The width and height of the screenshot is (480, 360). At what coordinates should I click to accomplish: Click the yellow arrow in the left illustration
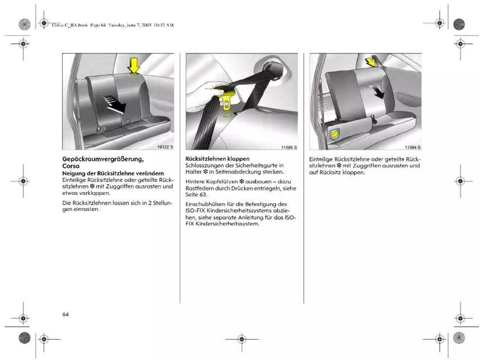click(x=134, y=65)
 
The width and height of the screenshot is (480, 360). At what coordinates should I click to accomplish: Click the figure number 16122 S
click(x=165, y=147)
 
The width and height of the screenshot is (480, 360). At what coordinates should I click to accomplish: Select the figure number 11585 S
click(x=289, y=147)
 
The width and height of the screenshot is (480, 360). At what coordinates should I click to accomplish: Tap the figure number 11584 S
click(x=413, y=147)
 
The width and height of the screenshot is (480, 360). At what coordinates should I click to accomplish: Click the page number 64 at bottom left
click(x=65, y=315)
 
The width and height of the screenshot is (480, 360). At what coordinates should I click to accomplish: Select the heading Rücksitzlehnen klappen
click(x=217, y=159)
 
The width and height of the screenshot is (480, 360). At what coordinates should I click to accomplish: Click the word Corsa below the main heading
click(x=71, y=166)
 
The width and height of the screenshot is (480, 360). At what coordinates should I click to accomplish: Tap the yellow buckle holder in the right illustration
click(x=335, y=134)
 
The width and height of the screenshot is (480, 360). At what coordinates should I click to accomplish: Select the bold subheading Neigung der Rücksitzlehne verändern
click(x=113, y=173)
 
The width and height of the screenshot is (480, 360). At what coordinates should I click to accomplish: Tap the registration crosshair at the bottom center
click(x=242, y=339)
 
